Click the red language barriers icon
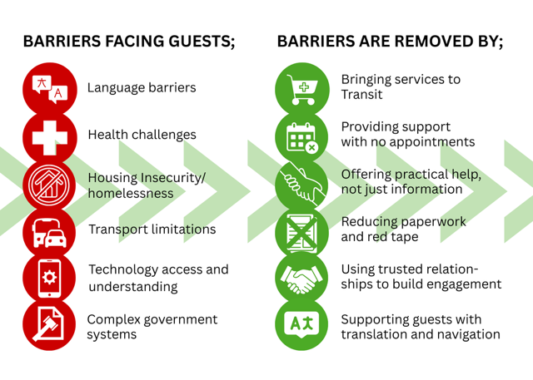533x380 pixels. [49, 88]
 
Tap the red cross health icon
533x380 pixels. [49, 136]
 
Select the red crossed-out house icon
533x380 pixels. [49, 184]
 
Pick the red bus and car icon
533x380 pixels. [49, 230]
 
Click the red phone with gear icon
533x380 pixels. [49, 277]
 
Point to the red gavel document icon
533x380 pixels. [49, 324]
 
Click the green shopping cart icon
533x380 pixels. [301, 88]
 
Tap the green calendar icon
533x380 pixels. [301, 136]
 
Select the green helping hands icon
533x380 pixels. [301, 184]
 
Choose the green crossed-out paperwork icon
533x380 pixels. [301, 230]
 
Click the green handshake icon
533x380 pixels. [301, 277]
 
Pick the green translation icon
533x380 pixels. [301, 324]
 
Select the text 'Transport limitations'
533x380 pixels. [152, 229]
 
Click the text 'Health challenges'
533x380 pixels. [142, 135]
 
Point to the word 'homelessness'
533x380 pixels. [131, 193]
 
